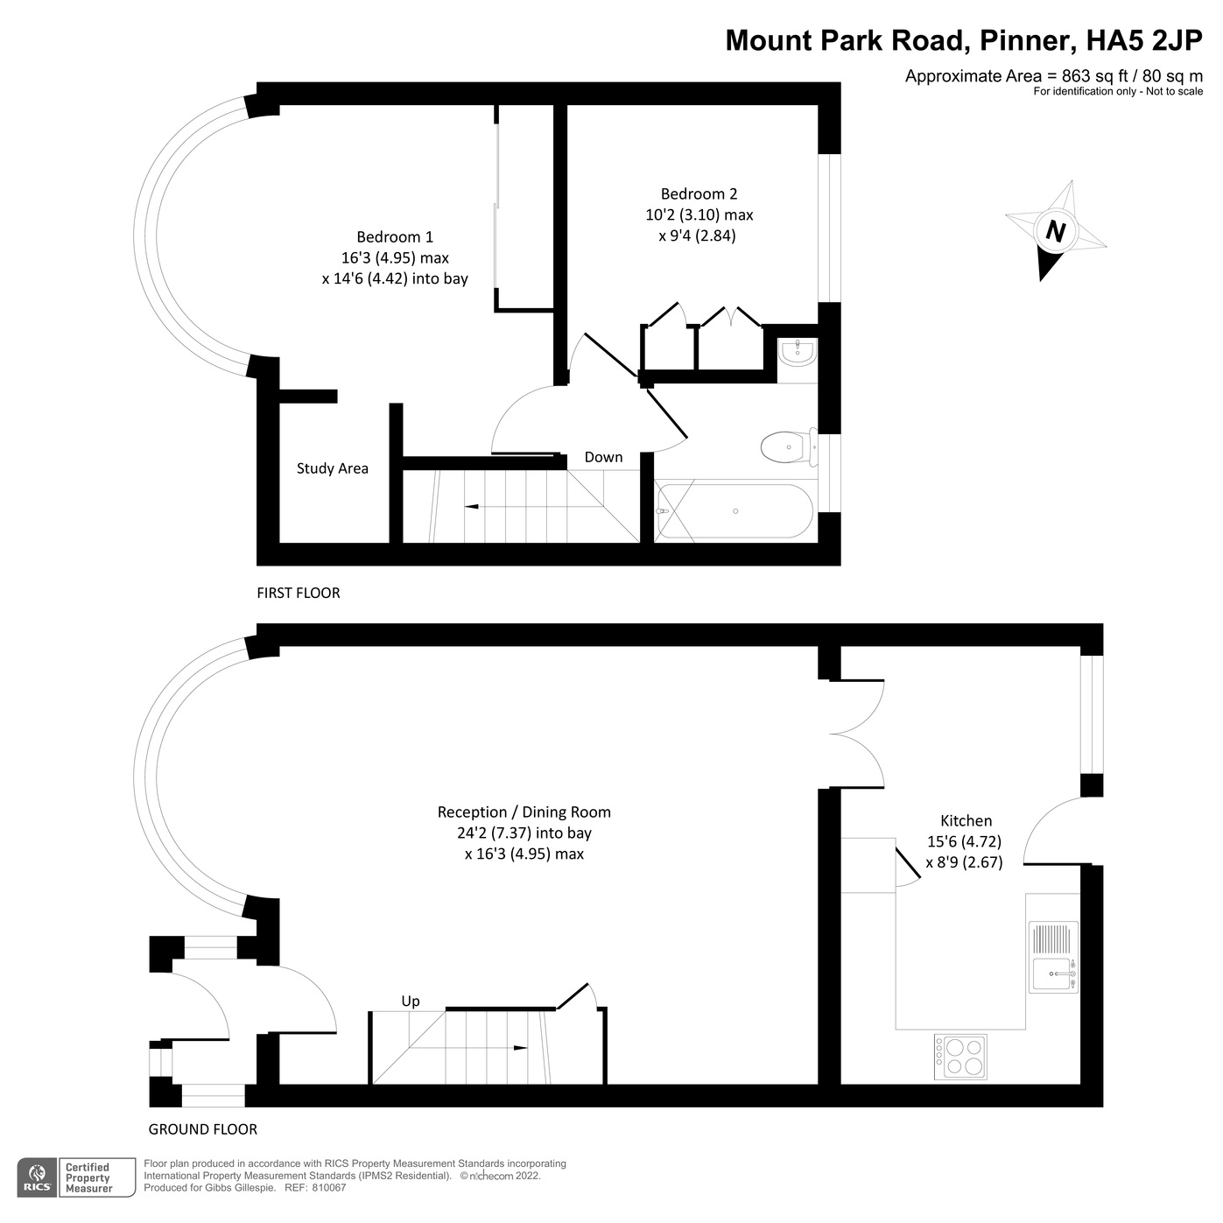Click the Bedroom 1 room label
394,237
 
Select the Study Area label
332,468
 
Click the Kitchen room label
966,821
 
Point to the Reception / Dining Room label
524,812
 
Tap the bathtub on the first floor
735,511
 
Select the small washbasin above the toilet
797,353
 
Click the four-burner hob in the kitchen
960,1055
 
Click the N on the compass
1056,232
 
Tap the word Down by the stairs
603,458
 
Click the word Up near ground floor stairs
410,1002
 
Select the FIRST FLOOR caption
298,594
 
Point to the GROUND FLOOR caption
202,1129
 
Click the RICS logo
38,1177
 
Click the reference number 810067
329,1188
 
